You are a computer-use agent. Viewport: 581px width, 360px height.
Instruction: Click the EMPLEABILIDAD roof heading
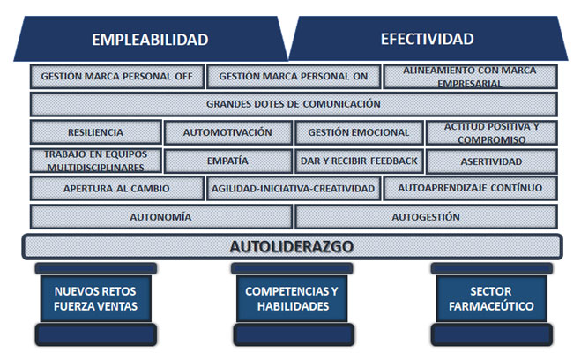[x=150, y=40]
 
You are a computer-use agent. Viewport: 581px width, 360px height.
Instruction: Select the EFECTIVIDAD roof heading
[x=428, y=39]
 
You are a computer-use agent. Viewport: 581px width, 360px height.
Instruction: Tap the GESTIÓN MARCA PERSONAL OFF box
[x=116, y=77]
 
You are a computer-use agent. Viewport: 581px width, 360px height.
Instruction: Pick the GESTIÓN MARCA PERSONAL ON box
[x=293, y=77]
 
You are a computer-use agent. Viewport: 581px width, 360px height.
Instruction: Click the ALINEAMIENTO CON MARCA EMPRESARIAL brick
[x=470, y=77]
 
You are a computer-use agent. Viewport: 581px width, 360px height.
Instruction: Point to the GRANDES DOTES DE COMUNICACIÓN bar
[x=294, y=104]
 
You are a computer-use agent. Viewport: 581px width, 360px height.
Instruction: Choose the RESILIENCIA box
[x=95, y=132]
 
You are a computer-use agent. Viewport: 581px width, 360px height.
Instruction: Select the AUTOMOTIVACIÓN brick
[x=227, y=132]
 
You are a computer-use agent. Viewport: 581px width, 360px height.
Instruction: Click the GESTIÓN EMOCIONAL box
[x=359, y=132]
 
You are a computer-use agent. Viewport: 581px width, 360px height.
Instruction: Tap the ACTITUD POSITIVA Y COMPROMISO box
[x=491, y=132]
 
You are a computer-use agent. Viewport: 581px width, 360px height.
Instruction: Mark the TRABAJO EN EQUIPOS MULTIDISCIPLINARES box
[x=95, y=161]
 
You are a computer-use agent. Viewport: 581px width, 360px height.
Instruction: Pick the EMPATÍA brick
[x=227, y=161]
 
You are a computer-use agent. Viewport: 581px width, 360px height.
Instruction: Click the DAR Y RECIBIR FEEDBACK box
[x=359, y=161]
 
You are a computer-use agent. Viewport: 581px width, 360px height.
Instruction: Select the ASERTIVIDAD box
[x=491, y=161]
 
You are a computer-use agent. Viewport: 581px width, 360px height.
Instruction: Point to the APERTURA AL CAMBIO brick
[x=116, y=188]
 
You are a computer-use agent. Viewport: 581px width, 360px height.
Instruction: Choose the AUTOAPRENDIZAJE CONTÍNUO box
[x=470, y=188]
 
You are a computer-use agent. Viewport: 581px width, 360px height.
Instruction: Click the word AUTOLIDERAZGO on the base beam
[x=292, y=246]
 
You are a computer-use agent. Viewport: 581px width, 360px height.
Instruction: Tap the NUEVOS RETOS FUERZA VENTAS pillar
[x=95, y=299]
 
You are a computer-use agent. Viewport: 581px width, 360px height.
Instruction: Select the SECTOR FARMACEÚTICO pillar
[x=491, y=299]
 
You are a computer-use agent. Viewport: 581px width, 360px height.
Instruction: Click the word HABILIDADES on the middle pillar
[x=293, y=306]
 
